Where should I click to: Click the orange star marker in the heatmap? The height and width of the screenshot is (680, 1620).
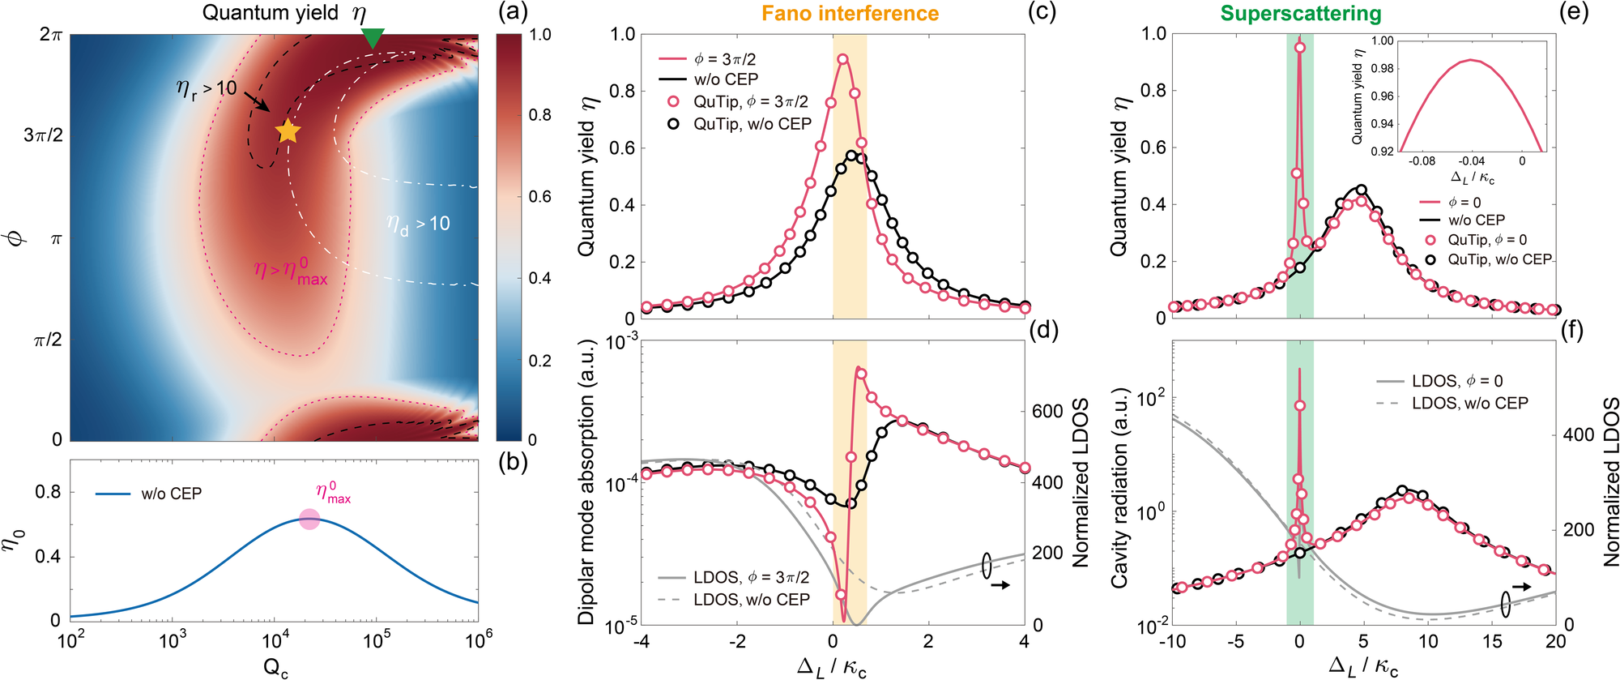pos(288,130)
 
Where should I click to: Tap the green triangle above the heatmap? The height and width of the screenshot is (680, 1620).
pos(372,37)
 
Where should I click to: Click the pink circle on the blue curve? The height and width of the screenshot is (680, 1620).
pos(309,520)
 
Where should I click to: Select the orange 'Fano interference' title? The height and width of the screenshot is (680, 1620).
pos(850,14)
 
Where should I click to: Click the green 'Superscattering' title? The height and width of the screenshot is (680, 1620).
pos(1301,14)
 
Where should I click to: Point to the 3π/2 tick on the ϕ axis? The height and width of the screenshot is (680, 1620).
pos(44,135)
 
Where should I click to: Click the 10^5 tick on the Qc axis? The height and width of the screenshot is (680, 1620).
pos(377,641)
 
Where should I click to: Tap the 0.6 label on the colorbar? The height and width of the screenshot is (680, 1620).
pos(540,197)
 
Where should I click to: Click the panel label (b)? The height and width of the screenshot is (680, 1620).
pos(514,462)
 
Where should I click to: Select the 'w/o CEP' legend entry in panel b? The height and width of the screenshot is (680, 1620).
pos(171,494)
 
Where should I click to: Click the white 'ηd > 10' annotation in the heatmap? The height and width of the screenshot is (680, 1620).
pos(418,225)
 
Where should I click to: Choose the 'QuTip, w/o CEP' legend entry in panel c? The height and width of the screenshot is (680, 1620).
pos(752,124)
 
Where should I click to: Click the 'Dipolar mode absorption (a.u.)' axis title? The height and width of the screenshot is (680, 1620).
pos(586,482)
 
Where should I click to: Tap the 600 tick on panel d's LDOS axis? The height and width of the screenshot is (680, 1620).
pos(1047,411)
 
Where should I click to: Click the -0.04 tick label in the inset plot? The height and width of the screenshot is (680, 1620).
pos(1472,161)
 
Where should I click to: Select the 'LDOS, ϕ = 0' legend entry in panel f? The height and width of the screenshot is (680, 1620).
pos(1456,381)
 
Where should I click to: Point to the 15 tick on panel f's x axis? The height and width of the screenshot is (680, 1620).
pos(1492,641)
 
